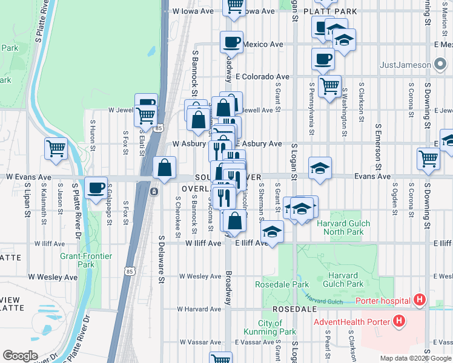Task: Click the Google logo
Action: click(20, 356)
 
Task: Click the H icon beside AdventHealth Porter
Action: click(400, 321)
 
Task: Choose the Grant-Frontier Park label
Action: click(86, 260)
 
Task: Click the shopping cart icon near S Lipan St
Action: click(56, 147)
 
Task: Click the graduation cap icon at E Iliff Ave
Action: click(273, 231)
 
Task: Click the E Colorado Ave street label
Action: click(263, 77)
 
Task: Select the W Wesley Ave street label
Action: click(53, 277)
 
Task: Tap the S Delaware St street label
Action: click(162, 258)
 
